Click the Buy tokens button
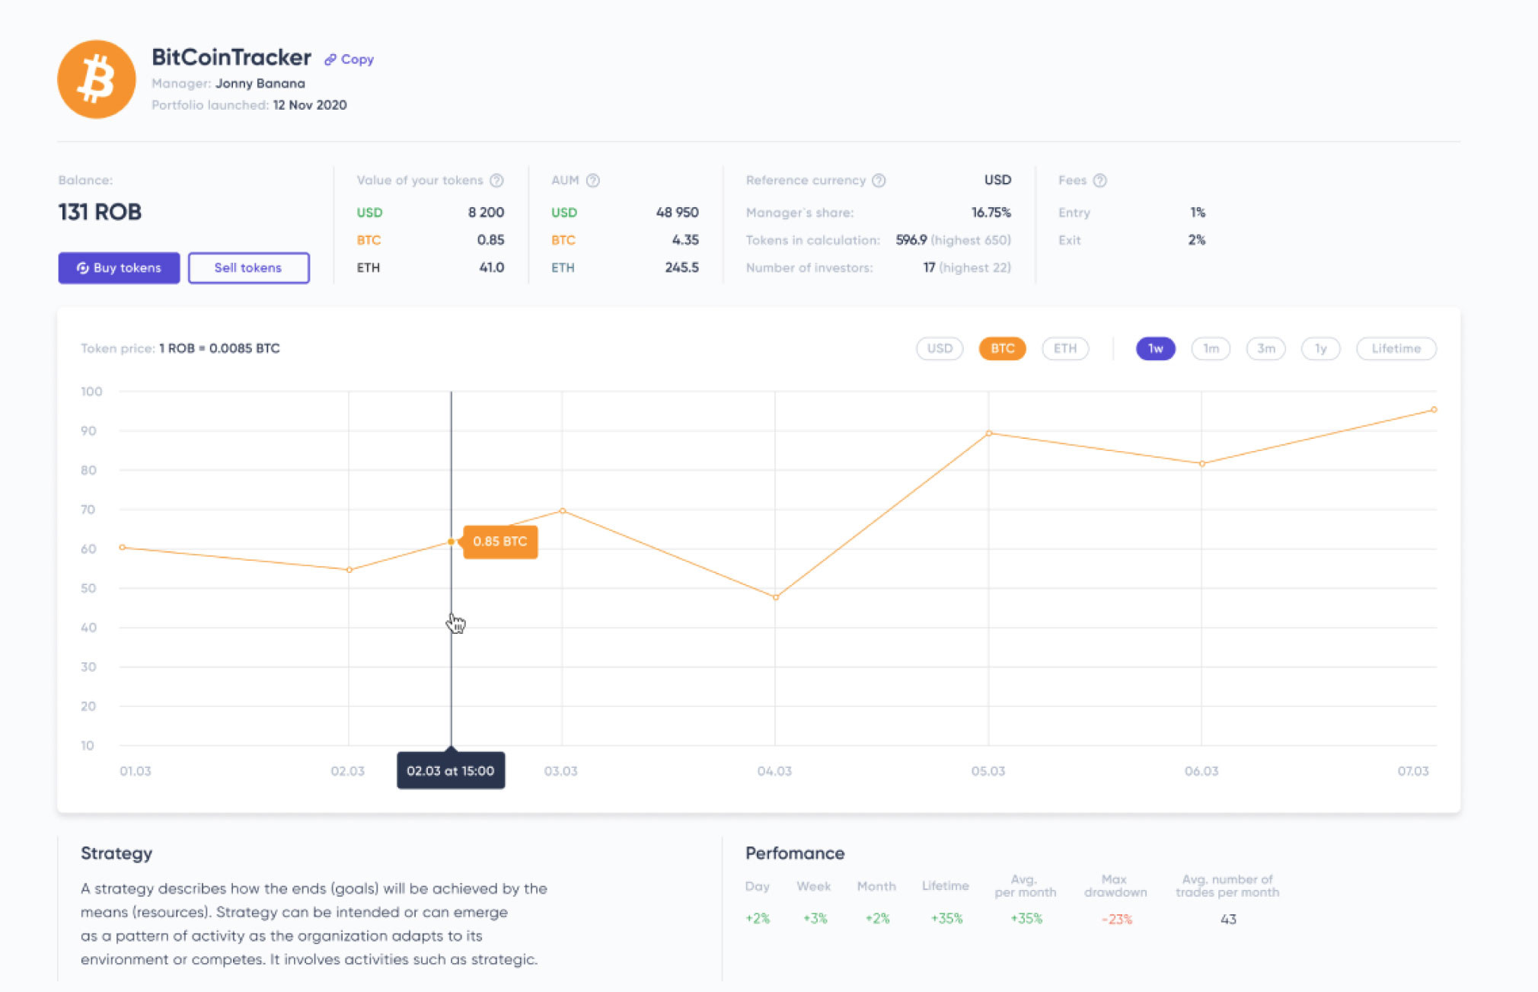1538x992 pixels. [119, 268]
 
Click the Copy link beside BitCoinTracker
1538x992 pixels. [349, 59]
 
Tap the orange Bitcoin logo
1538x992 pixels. [97, 79]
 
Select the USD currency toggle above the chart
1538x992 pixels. [940, 349]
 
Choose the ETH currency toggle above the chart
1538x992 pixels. [1064, 349]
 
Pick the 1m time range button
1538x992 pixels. [1211, 349]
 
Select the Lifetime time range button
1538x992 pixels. [1396, 349]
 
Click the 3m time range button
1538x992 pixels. [1265, 349]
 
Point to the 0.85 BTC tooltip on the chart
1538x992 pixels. [500, 542]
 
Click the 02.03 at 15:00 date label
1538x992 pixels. [451, 771]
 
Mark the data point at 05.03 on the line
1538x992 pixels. [989, 434]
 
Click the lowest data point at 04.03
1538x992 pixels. [776, 597]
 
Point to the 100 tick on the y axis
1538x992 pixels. [91, 392]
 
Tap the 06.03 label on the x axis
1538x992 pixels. [1201, 771]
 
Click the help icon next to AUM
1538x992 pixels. [593, 181]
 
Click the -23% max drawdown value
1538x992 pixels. [1116, 920]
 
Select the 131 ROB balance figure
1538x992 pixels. [100, 212]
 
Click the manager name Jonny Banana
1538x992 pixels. [260, 84]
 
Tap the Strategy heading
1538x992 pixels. [116, 853]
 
